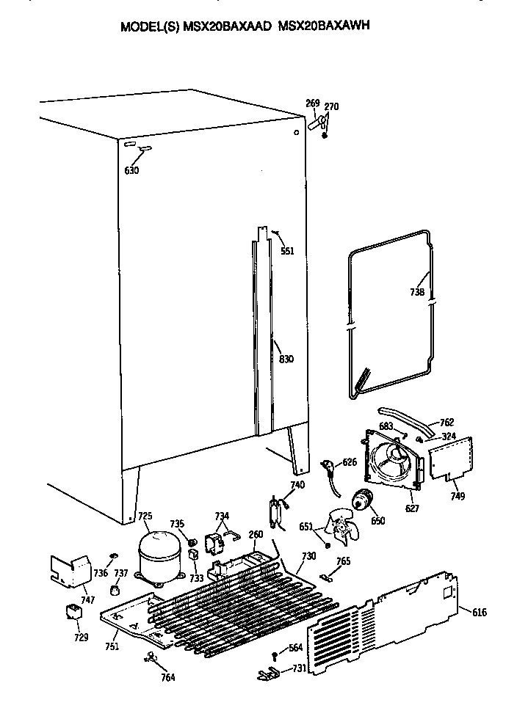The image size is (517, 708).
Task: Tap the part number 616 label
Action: pyautogui.click(x=480, y=612)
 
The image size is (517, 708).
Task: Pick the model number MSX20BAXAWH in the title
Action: pyautogui.click(x=324, y=26)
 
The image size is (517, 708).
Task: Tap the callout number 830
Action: pyautogui.click(x=286, y=359)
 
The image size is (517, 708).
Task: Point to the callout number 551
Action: pyautogui.click(x=287, y=251)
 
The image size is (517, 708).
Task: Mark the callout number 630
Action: pyautogui.click(x=131, y=170)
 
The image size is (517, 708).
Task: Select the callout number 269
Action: pyautogui.click(x=313, y=103)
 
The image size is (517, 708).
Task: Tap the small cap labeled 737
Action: pyautogui.click(x=114, y=590)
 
